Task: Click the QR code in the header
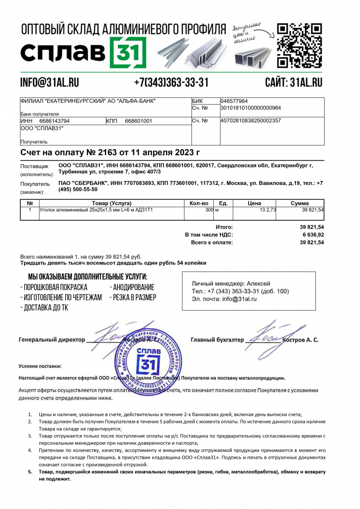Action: [x=299, y=45]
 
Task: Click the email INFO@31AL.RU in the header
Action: [x=50, y=83]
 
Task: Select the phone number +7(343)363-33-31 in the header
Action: [x=171, y=83]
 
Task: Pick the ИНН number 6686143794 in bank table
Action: [x=54, y=121]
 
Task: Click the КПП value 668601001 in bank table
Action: [x=138, y=121]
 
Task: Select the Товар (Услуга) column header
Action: [x=111, y=203]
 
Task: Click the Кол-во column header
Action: [x=198, y=203]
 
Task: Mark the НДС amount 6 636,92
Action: [x=313, y=235]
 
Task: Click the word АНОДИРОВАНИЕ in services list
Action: [x=133, y=287]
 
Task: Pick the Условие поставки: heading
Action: [x=40, y=366]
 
